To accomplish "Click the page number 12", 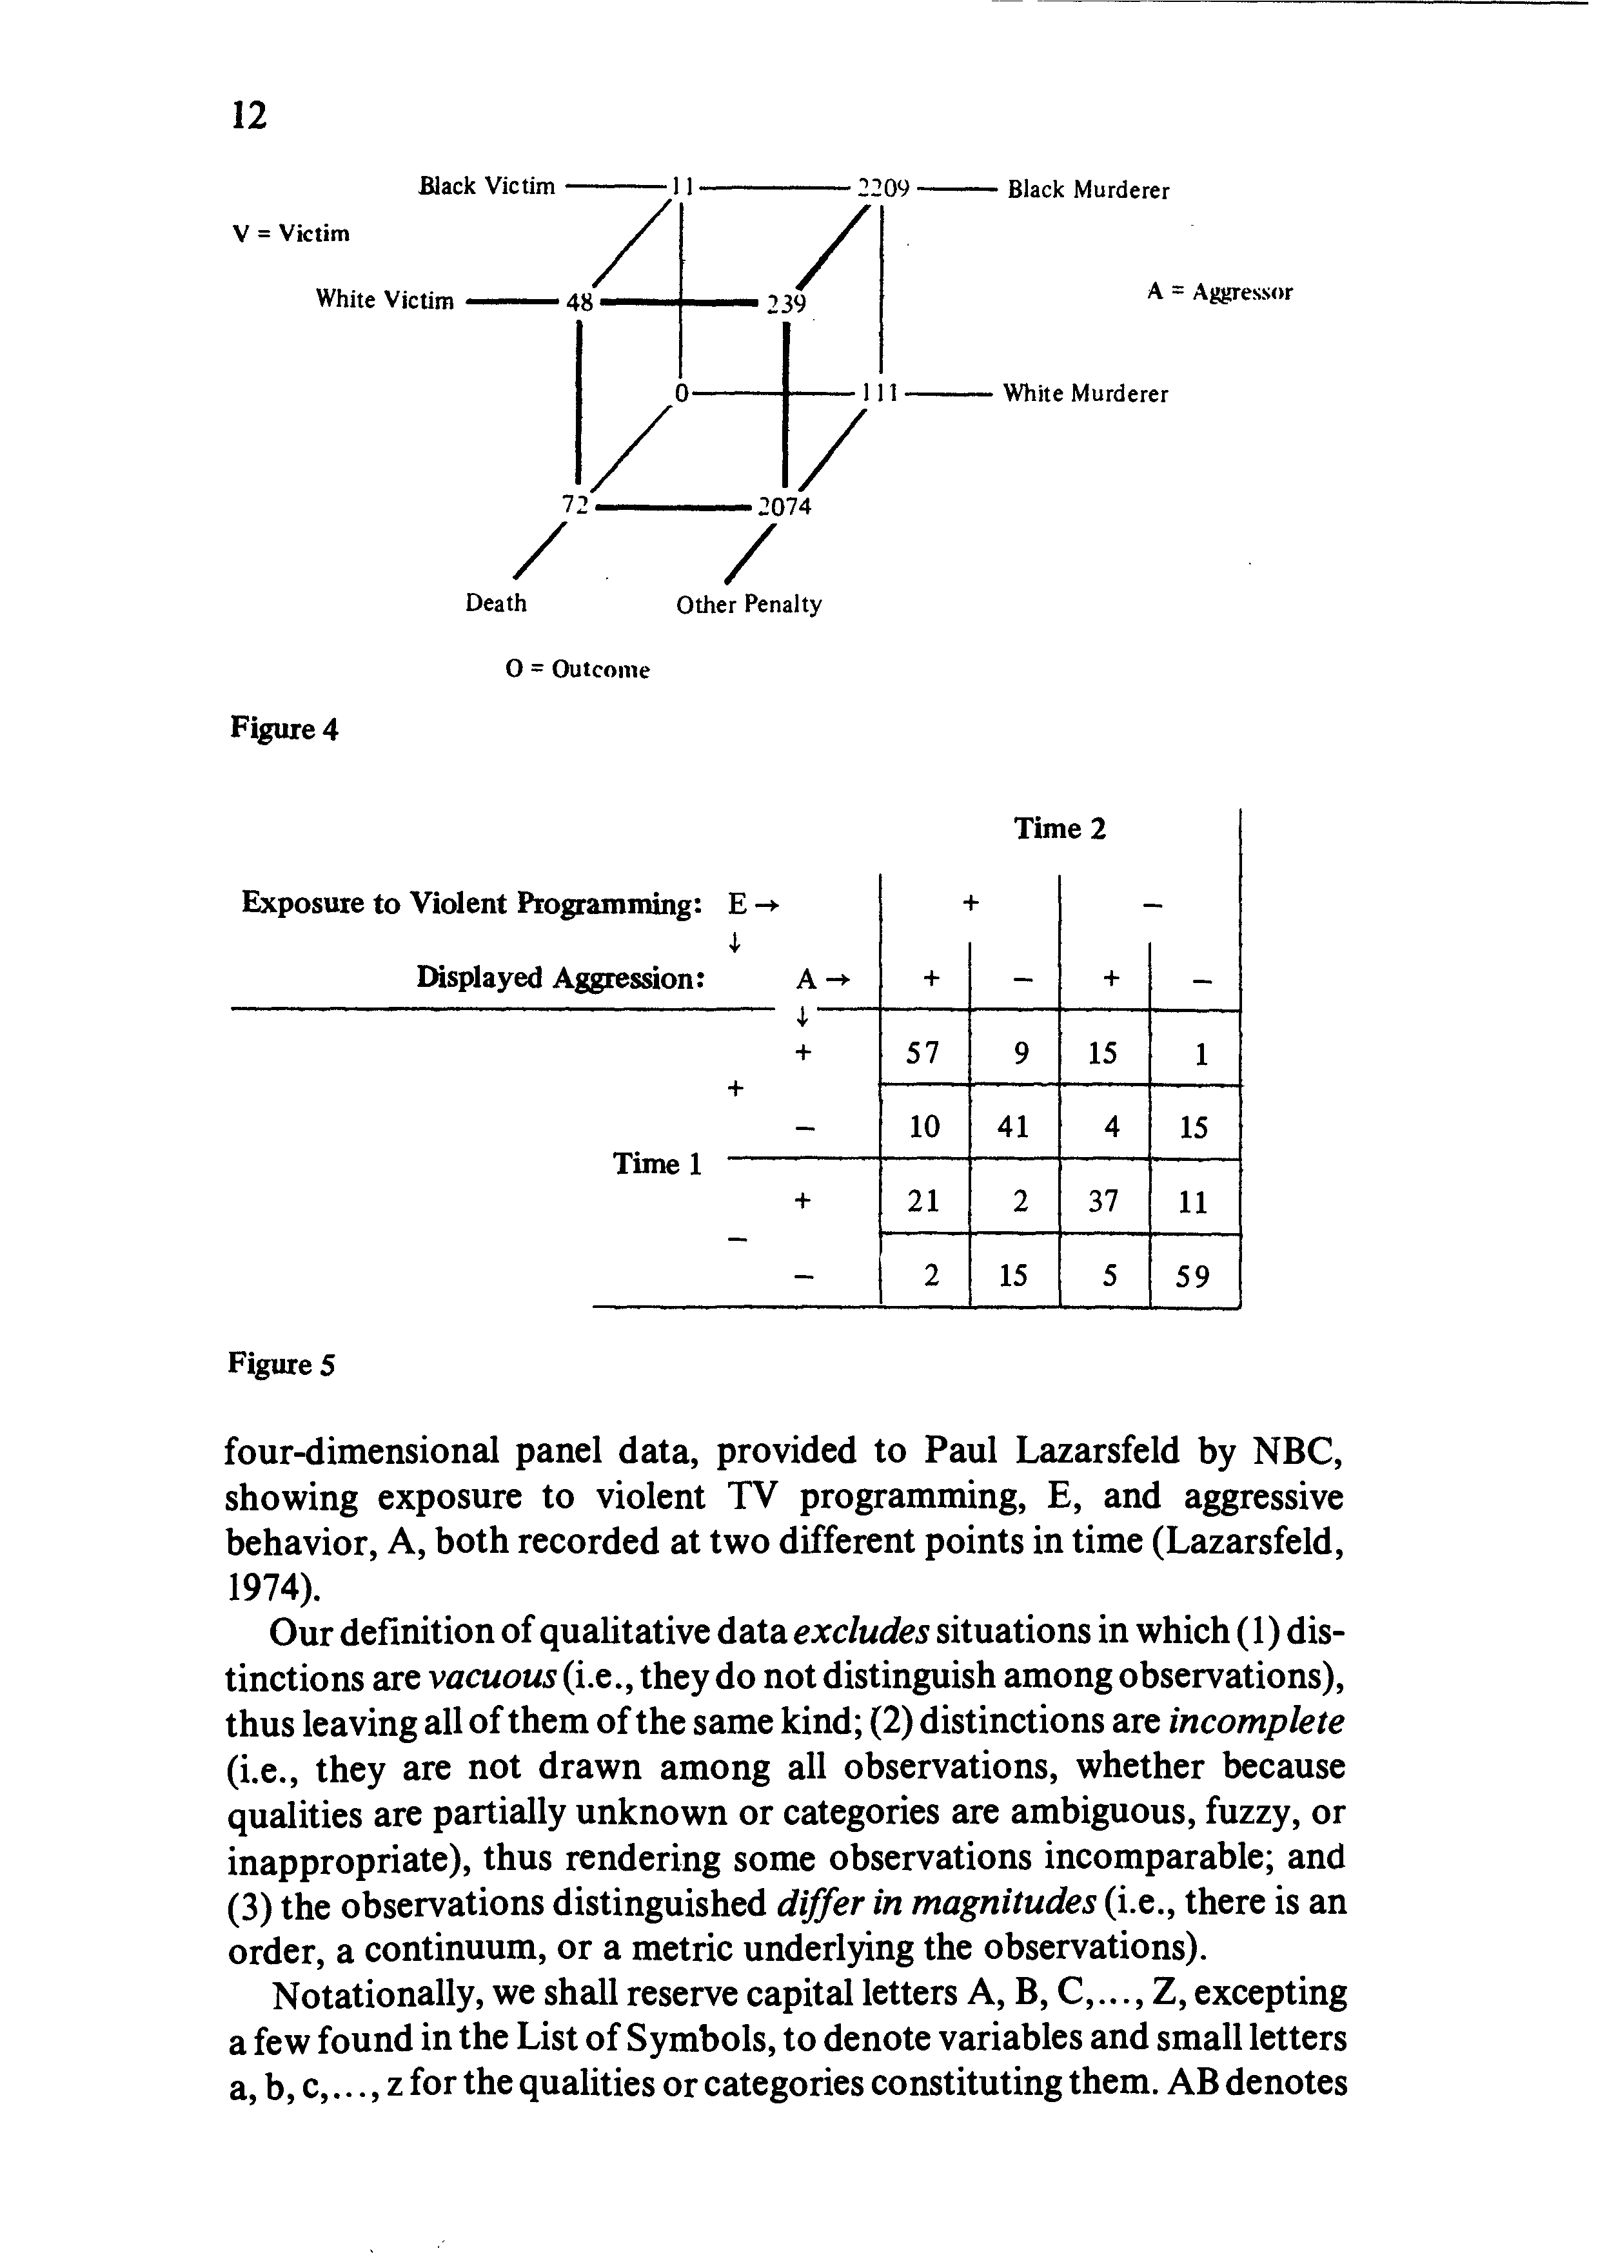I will (x=248, y=115).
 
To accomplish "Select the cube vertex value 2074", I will (x=784, y=507).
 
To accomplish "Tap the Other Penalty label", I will (x=748, y=605).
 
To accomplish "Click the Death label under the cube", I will (x=495, y=603).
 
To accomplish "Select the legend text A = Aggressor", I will (x=1219, y=291).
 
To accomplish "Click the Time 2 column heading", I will (x=1060, y=829).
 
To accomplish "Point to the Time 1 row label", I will (x=656, y=1164).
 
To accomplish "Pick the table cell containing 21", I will (x=923, y=1201).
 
